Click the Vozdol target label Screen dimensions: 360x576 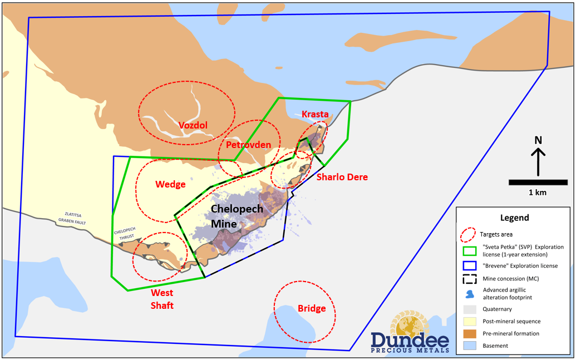[193, 125]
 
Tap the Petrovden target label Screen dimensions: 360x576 [249, 145]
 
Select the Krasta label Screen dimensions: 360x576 [315, 114]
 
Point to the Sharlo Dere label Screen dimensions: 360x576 [342, 177]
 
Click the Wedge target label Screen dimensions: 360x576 [170, 184]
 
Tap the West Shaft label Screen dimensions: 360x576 [162, 299]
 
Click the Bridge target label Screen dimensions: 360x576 [311, 308]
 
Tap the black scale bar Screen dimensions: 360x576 [538, 182]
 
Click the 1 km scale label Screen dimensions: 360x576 [538, 193]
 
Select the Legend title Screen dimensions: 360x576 [514, 218]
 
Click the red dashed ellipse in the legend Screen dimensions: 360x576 [470, 234]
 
